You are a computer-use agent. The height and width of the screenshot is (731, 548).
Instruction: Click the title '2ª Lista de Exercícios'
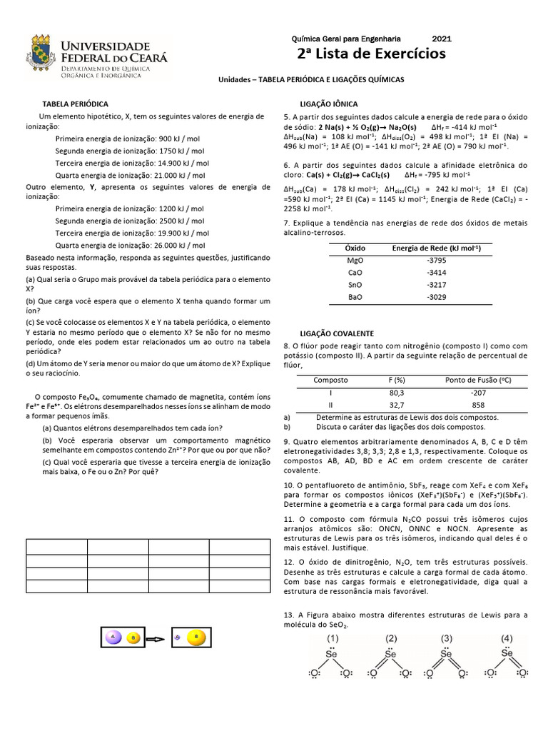[x=371, y=54]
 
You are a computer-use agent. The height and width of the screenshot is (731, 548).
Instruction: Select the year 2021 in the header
[x=442, y=39]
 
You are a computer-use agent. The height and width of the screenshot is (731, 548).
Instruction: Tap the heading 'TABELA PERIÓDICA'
[x=76, y=104]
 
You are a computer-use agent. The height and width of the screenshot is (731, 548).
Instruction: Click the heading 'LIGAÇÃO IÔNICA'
[x=329, y=104]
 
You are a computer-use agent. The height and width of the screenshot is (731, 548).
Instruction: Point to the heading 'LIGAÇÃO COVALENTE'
[x=336, y=333]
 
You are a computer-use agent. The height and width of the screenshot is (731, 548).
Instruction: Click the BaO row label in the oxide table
[x=355, y=297]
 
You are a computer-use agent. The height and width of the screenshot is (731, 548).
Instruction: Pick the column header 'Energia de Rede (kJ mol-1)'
[x=436, y=248]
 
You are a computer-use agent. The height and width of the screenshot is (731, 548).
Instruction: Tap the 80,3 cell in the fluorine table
[x=396, y=393]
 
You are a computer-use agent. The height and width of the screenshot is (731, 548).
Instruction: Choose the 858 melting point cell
[x=478, y=405]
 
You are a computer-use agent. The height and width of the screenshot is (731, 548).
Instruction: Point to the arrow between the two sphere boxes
[x=156, y=637]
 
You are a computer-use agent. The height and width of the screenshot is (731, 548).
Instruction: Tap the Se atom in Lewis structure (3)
[x=446, y=653]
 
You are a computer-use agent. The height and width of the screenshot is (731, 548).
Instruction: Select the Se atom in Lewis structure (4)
[x=507, y=652]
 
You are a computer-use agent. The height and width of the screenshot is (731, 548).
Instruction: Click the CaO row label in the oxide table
[x=355, y=273]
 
